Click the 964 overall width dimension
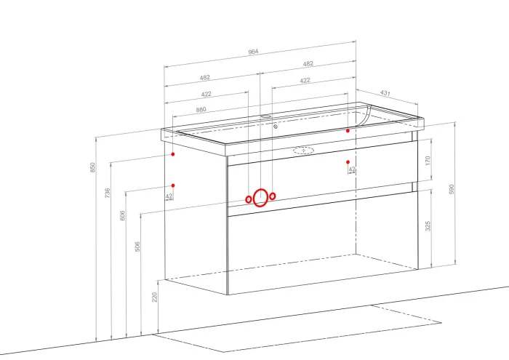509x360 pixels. pos(253,52)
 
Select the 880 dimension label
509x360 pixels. pos(201,110)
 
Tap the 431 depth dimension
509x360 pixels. pos(385,93)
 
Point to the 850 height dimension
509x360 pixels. pos(93,167)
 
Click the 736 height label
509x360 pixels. pos(108,193)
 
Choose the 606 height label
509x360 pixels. pos(122,215)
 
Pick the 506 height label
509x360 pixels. pos(137,247)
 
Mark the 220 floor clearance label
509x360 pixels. pos(154,297)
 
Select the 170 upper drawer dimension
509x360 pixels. pos(428,160)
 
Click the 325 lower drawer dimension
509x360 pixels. pos(428,226)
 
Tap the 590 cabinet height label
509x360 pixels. pos(452,189)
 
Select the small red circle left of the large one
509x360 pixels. pos(249,199)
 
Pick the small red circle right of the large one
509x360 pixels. pos(273,196)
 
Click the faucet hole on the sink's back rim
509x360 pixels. pos(266,116)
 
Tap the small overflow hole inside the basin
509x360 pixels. pos(276,127)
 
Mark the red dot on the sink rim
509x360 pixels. pos(348,131)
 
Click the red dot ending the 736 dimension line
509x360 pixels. pos(173,154)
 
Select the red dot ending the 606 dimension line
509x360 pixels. pos(173,185)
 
